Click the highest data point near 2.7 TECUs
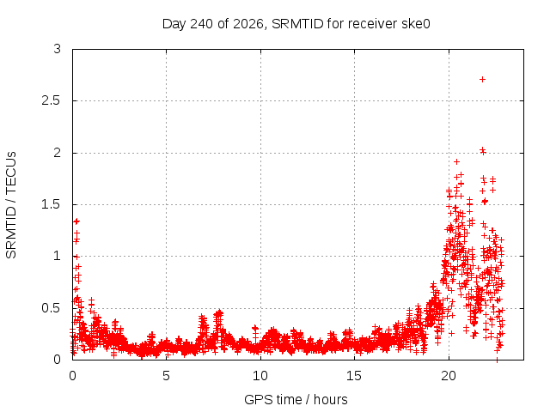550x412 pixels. pyautogui.click(x=482, y=80)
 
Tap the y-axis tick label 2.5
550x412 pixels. pyautogui.click(x=52, y=100)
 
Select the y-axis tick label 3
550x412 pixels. pyautogui.click(x=58, y=49)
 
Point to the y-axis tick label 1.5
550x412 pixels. pyautogui.click(x=52, y=204)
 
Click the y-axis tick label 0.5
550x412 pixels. pyautogui.click(x=52, y=308)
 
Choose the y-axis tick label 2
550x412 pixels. pyautogui.click(x=58, y=153)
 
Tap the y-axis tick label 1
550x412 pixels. pyautogui.click(x=58, y=256)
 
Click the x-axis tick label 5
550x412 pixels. pyautogui.click(x=166, y=376)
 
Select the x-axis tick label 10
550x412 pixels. pyautogui.click(x=260, y=376)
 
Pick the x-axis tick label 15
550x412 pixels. pyautogui.click(x=354, y=376)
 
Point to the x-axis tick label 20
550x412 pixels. pyautogui.click(x=449, y=376)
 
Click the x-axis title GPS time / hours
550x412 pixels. pyautogui.click(x=296, y=400)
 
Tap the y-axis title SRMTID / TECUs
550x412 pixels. pyautogui.click(x=11, y=205)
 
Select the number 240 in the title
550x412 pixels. pyautogui.click(x=202, y=24)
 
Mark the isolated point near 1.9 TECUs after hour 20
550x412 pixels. pyautogui.click(x=456, y=162)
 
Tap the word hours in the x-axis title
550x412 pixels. pyautogui.click(x=330, y=400)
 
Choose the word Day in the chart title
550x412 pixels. pyautogui.click(x=174, y=25)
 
